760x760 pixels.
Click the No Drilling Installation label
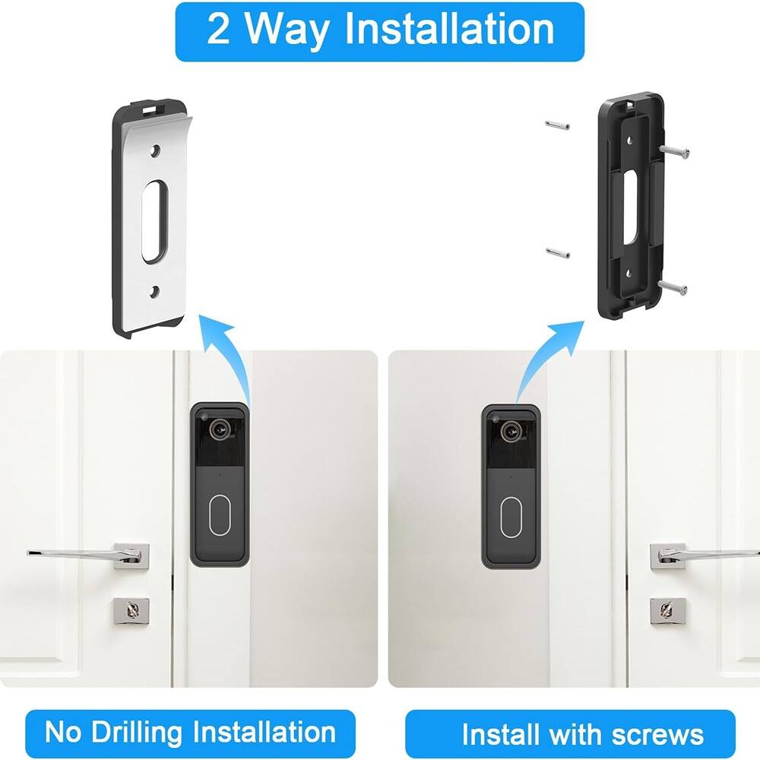point(189,733)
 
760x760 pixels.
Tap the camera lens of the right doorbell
point(510,431)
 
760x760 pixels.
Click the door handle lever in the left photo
point(76,552)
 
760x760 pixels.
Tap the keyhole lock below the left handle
point(131,609)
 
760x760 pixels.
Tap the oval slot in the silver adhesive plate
point(155,220)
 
